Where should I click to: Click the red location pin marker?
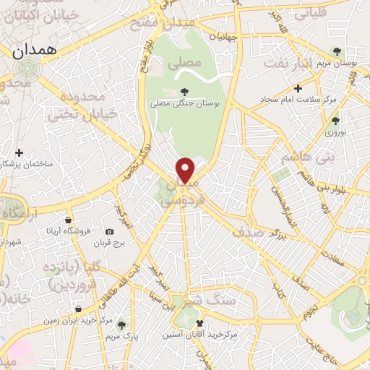click(186, 170)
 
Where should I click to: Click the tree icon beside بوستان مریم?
click(337, 51)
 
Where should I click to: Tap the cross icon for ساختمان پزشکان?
click(19, 153)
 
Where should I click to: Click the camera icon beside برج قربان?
click(109, 232)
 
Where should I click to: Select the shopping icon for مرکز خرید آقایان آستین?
click(200, 323)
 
